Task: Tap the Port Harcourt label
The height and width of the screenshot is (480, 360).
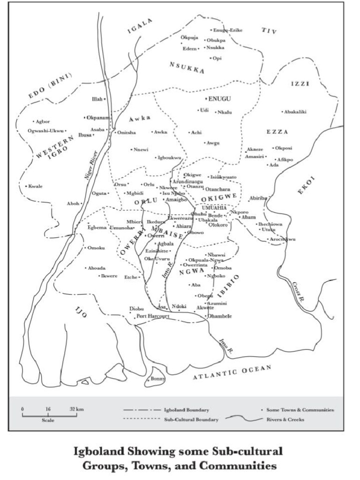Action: click(153, 316)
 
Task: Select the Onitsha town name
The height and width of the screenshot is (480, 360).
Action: click(126, 133)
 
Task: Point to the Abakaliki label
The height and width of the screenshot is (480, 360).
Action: click(295, 112)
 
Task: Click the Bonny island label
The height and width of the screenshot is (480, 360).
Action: click(157, 379)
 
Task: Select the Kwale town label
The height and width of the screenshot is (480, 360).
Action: click(35, 186)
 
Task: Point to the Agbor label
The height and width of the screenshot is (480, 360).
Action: click(42, 121)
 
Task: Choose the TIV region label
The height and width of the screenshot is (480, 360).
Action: click(269, 31)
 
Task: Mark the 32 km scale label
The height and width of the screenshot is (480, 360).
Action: click(76, 409)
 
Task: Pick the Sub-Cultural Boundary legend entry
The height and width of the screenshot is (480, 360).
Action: click(191, 420)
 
